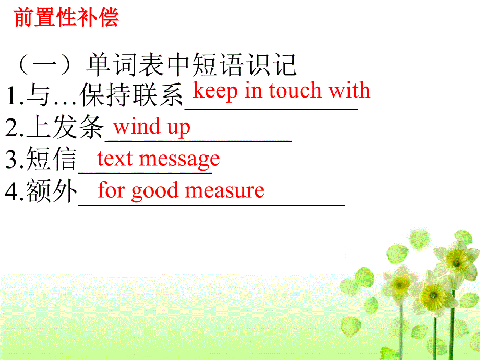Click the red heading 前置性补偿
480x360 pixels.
66,17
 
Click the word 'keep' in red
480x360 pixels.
215,91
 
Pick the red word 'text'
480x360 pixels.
114,158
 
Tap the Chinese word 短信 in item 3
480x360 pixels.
52,160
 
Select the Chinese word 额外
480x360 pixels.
52,191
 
